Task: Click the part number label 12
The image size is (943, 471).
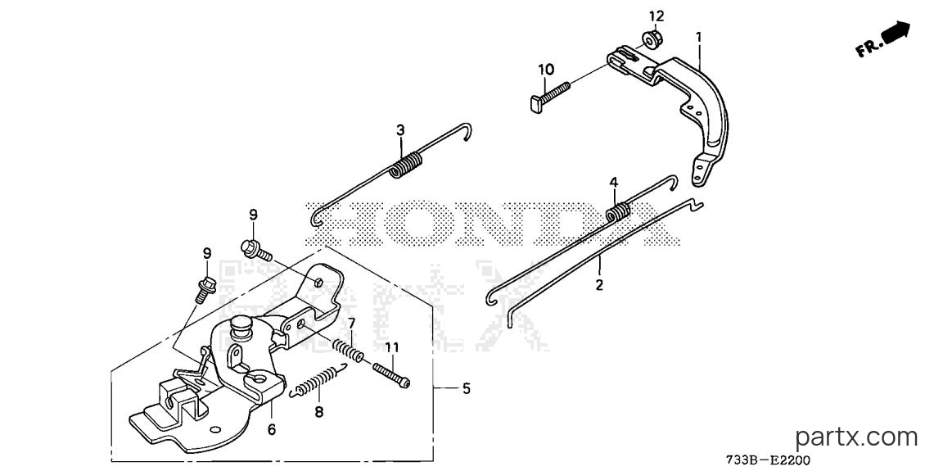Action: click(x=656, y=16)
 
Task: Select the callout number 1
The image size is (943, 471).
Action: click(x=699, y=38)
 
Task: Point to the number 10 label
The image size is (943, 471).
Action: click(x=546, y=70)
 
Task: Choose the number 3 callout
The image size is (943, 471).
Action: click(x=400, y=130)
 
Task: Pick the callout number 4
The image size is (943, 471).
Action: click(x=613, y=181)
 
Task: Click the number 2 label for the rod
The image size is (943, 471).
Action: click(x=599, y=284)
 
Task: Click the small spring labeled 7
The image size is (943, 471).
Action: click(x=349, y=350)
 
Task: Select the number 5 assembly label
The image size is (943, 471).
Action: click(x=466, y=388)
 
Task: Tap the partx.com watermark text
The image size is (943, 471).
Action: click(x=856, y=437)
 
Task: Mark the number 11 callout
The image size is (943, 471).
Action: click(x=392, y=347)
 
